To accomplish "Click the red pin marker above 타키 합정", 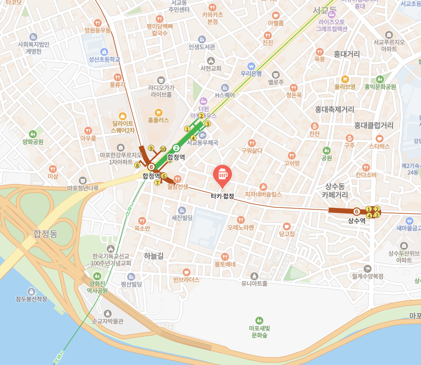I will pyautogui.click(x=221, y=175).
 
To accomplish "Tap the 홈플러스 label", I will pyautogui.click(x=159, y=120).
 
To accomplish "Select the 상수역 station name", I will pyautogui.click(x=356, y=220).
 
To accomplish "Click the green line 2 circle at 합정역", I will pyautogui.click(x=176, y=148).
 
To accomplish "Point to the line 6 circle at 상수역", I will pyautogui.click(x=356, y=211).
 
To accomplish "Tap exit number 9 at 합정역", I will pyautogui.click(x=151, y=148).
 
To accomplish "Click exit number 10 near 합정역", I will pyautogui.click(x=163, y=149).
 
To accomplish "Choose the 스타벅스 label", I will pyautogui.click(x=379, y=146).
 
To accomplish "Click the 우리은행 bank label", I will pyautogui.click(x=251, y=73).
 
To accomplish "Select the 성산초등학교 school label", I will pyautogui.click(x=105, y=59).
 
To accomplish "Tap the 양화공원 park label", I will pyautogui.click(x=33, y=142).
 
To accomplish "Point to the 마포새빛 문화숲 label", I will pyautogui.click(x=259, y=332).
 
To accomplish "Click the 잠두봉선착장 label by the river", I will pyautogui.click(x=31, y=299).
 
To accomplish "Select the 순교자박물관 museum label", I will pyautogui.click(x=107, y=322).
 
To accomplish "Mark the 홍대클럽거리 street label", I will pyautogui.click(x=374, y=125).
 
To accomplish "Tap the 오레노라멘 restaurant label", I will pyautogui.click(x=241, y=227).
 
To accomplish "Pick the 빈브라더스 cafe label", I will pyautogui.click(x=186, y=280).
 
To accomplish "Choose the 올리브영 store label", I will pyautogui.click(x=345, y=86).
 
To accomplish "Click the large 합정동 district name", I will pyautogui.click(x=46, y=233).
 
